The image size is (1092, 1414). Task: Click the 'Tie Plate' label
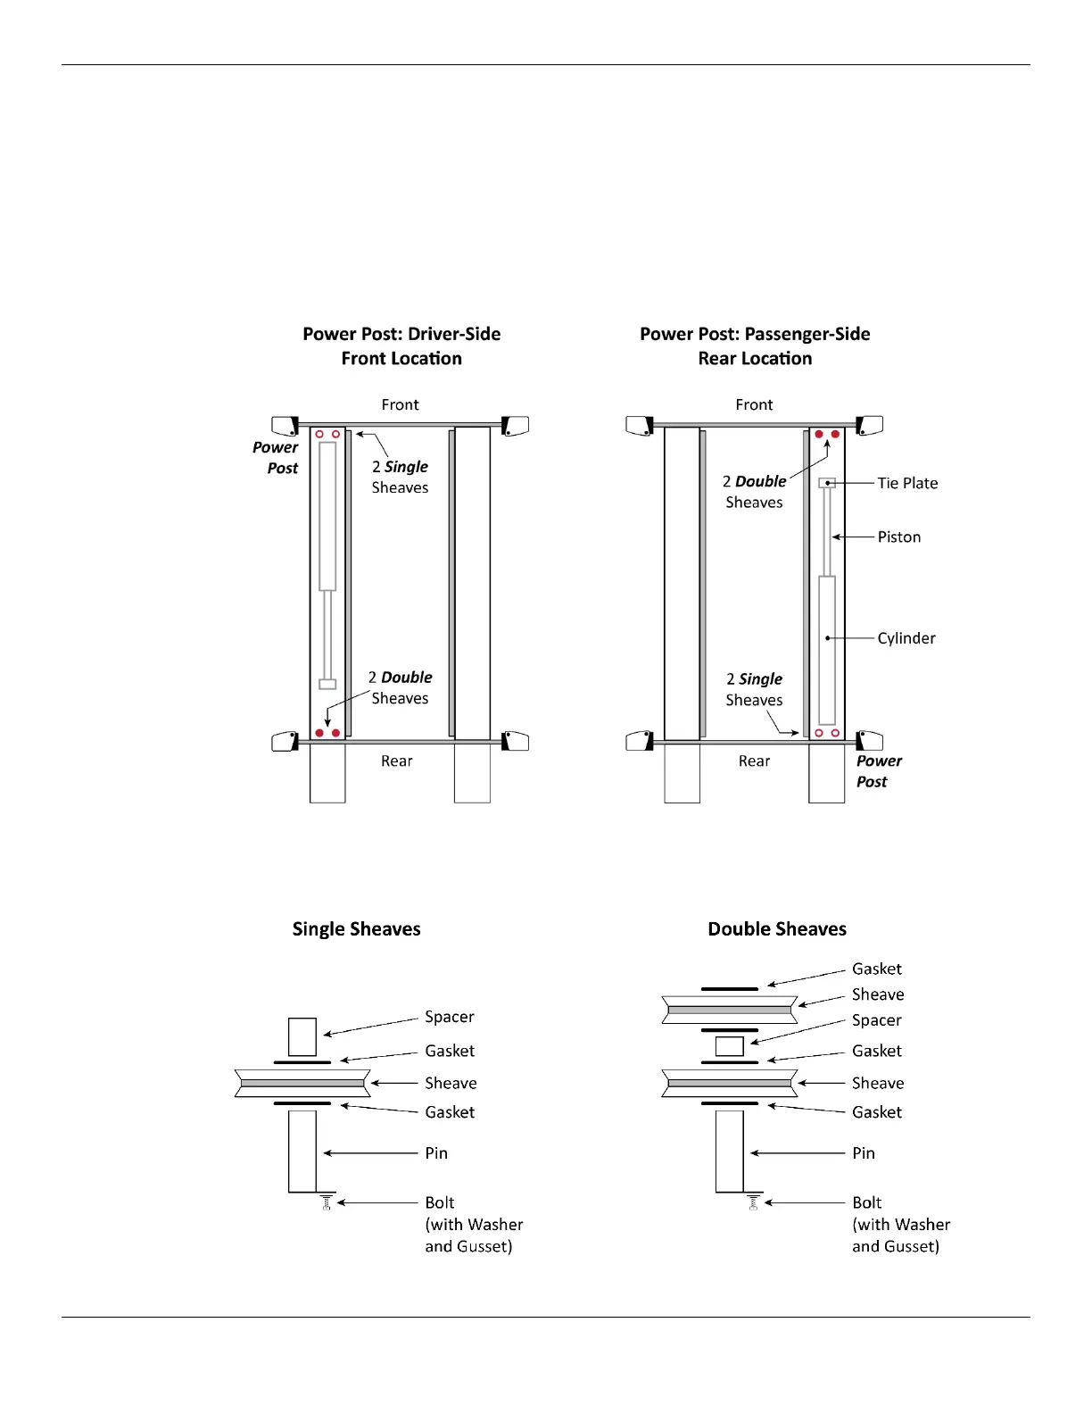pyautogui.click(x=907, y=483)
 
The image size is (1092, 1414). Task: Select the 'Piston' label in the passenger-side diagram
pyautogui.click(x=898, y=536)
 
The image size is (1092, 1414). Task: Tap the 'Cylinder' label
pyautogui.click(x=906, y=638)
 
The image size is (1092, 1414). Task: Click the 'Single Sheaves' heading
pyautogui.click(x=356, y=929)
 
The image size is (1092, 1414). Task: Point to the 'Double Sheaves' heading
pyautogui.click(x=776, y=929)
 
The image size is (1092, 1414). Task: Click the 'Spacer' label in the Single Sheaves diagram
pyautogui.click(x=449, y=1017)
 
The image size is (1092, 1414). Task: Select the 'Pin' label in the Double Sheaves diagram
pyautogui.click(x=863, y=1153)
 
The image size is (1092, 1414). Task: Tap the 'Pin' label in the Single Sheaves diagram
pyautogui.click(x=435, y=1153)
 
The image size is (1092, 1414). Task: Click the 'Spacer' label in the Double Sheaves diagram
pyautogui.click(x=876, y=1020)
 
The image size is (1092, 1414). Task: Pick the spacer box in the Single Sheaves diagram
pyautogui.click(x=302, y=1036)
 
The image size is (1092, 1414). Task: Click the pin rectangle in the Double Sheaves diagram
pyautogui.click(x=729, y=1152)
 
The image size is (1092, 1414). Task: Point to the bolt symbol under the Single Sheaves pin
pyautogui.click(x=327, y=1202)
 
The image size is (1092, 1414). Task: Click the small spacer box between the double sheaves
pyautogui.click(x=729, y=1046)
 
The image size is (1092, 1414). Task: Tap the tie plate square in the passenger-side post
pyautogui.click(x=827, y=483)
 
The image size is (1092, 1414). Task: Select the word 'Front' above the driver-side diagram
pyautogui.click(x=400, y=405)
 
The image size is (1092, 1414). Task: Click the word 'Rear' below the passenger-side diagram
pyautogui.click(x=754, y=761)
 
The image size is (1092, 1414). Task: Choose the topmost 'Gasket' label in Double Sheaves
pyautogui.click(x=876, y=969)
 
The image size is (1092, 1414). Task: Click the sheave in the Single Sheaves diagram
pyautogui.click(x=302, y=1083)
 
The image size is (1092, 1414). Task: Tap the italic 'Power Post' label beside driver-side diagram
pyautogui.click(x=277, y=458)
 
